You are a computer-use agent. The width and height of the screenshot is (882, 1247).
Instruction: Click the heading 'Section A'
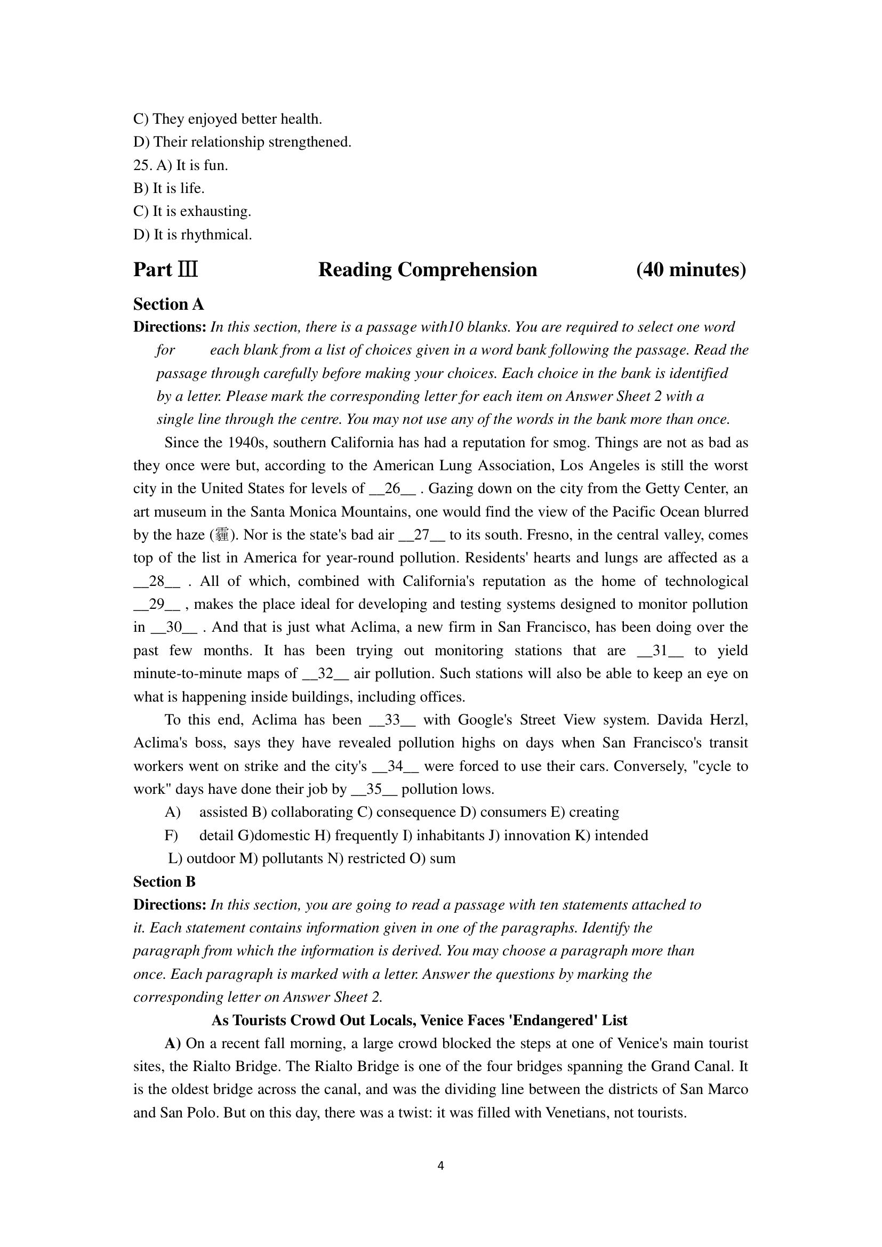[x=169, y=304]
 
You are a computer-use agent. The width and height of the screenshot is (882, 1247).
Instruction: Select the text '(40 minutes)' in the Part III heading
[x=691, y=270]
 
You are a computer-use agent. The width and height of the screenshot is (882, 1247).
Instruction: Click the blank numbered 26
[x=392, y=488]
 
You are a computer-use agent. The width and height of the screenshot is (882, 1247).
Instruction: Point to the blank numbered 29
[x=157, y=604]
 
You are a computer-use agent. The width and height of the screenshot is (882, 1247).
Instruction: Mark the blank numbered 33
[x=392, y=720]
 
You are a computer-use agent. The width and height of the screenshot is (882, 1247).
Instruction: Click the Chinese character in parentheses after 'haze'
[x=222, y=535]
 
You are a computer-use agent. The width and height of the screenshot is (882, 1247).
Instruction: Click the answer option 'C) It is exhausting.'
[x=193, y=211]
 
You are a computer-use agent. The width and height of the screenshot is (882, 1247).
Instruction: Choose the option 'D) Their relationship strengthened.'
[x=242, y=142]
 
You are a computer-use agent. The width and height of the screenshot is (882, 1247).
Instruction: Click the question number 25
[x=142, y=165]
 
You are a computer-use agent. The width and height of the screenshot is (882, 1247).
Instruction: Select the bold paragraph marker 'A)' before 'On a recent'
[x=173, y=1043]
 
